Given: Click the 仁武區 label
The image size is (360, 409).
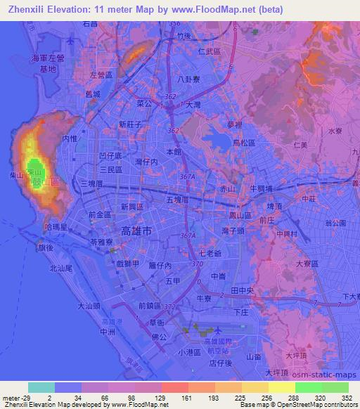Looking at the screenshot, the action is tap(210, 51).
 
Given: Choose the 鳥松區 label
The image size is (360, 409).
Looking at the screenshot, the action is tap(244, 143).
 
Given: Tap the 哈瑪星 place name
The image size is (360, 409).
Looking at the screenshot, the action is tap(55, 228).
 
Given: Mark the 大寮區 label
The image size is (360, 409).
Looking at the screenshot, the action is tap(307, 264).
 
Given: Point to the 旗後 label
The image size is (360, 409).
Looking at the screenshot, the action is tap(46, 248).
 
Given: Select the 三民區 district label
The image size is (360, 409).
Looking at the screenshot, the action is tap(110, 169).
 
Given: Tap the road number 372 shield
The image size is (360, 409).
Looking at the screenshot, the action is tap(170, 306).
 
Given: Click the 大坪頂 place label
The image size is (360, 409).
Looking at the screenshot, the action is tap(278, 372).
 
